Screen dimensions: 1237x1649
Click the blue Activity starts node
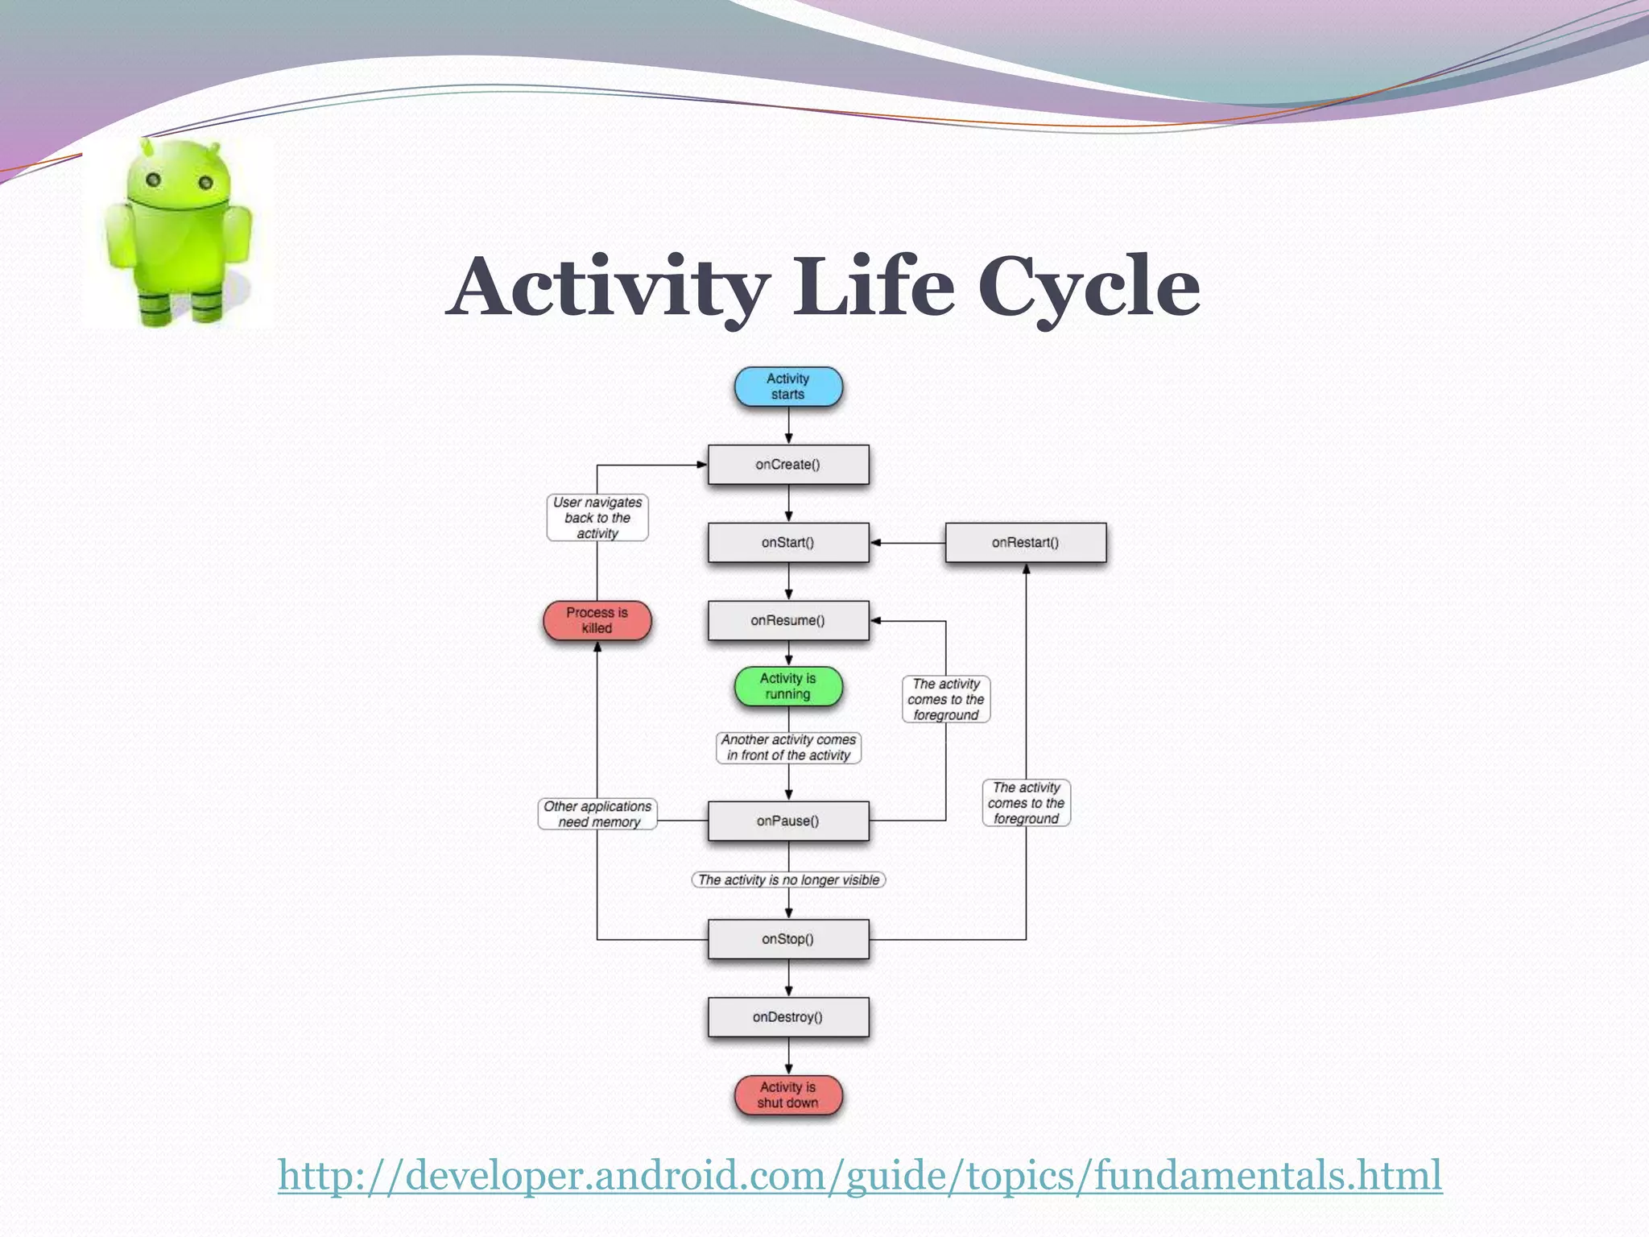pyautogui.click(x=787, y=387)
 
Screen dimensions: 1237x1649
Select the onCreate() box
pyautogui.click(x=787, y=465)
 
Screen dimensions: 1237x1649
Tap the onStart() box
pyautogui.click(x=787, y=543)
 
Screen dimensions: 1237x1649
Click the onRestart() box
pyautogui.click(x=1025, y=543)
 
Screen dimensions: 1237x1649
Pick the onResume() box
pyautogui.click(x=787, y=621)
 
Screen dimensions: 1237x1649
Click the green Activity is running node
pyautogui.click(x=787, y=686)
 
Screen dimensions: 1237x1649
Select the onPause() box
pyautogui.click(x=787, y=821)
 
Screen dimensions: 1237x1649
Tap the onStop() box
pyautogui.click(x=787, y=939)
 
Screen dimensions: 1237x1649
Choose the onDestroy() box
pyautogui.click(x=787, y=1017)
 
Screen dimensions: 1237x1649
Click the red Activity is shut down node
pyautogui.click(x=787, y=1095)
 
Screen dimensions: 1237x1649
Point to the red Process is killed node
pyautogui.click(x=597, y=621)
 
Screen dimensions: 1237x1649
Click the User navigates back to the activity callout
pyautogui.click(x=597, y=518)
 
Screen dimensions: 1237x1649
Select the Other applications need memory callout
pyautogui.click(x=597, y=814)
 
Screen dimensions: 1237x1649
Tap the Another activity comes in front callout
pyautogui.click(x=788, y=747)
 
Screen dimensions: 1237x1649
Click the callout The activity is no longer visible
pyautogui.click(x=788, y=880)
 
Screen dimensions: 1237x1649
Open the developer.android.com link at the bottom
pyautogui.click(x=859, y=1175)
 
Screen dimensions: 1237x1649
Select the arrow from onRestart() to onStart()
pyautogui.click(x=907, y=543)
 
